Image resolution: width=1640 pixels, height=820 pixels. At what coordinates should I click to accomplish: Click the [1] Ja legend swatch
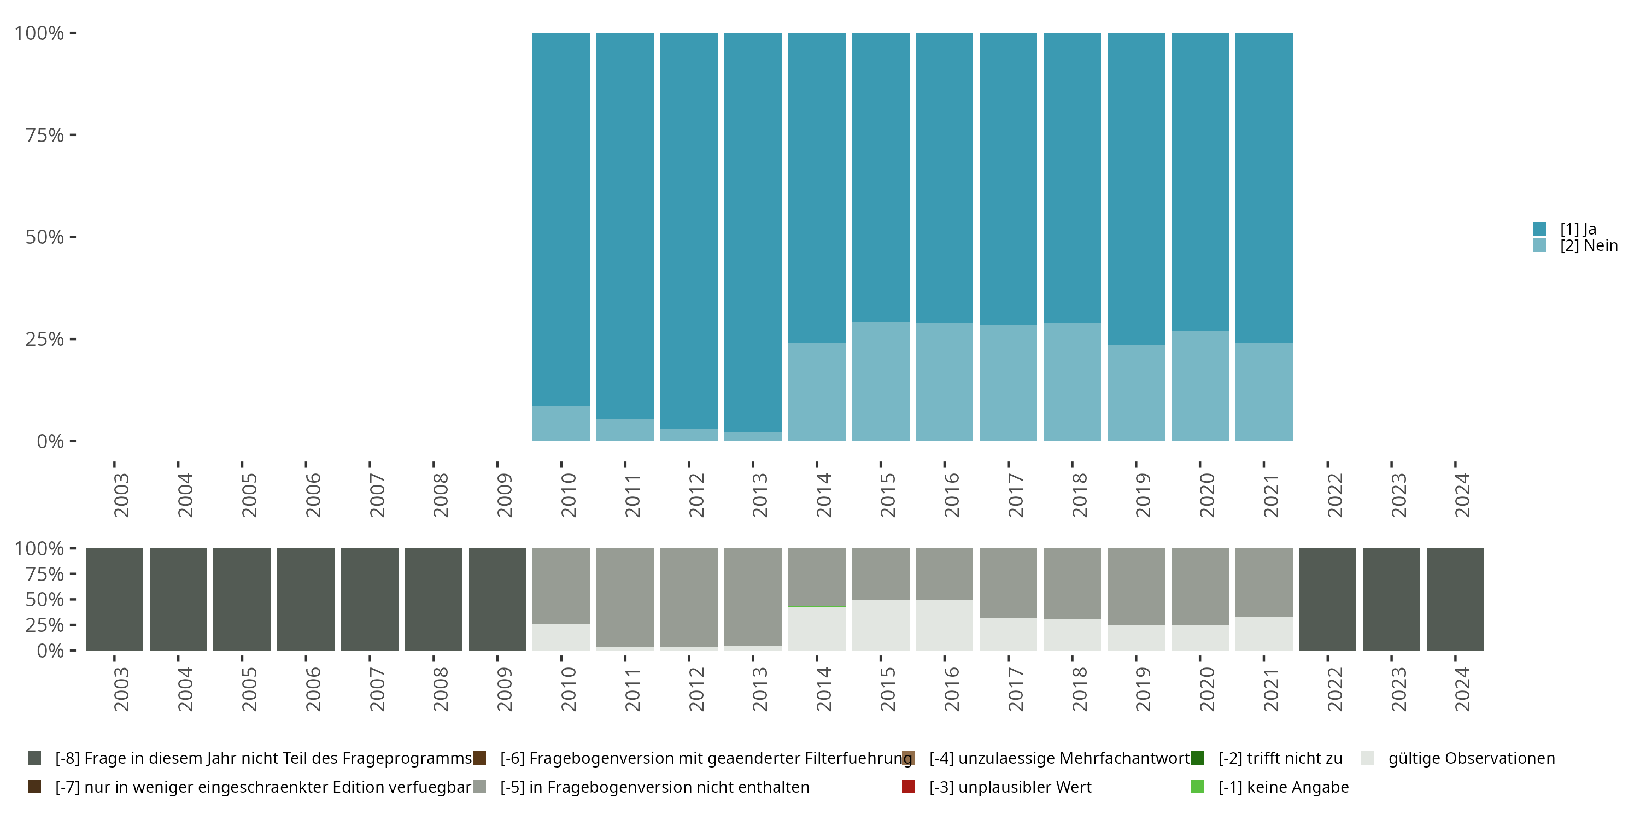1539,229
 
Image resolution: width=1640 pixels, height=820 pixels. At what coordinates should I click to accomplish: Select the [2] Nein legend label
1589,246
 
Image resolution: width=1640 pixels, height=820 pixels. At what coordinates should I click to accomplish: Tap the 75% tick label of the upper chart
45,135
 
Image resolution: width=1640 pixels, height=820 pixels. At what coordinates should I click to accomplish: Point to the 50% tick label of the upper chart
45,237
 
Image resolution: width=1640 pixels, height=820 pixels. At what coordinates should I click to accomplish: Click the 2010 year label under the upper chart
568,495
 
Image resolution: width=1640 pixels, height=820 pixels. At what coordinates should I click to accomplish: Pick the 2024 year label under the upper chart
1462,495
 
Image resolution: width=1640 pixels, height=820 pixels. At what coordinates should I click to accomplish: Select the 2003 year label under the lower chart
121,689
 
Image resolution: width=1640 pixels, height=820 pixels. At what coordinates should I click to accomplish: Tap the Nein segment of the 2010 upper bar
561,423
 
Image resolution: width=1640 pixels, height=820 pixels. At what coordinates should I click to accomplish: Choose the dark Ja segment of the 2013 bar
753,229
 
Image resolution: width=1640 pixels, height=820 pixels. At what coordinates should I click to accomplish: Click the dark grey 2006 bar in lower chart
306,599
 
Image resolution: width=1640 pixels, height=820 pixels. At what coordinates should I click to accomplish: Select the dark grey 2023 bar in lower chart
1391,599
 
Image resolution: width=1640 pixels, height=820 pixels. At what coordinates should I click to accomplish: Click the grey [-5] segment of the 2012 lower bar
689,596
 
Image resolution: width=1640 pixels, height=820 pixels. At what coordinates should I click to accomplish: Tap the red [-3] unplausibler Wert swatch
909,787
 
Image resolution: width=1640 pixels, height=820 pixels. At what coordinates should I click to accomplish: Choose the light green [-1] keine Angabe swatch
1198,787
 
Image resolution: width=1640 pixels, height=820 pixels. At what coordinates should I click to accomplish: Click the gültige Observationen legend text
1471,758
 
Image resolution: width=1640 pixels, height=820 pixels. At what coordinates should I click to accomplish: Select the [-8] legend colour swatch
34,758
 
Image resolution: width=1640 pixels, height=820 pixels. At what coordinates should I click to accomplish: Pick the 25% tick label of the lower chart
45,624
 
